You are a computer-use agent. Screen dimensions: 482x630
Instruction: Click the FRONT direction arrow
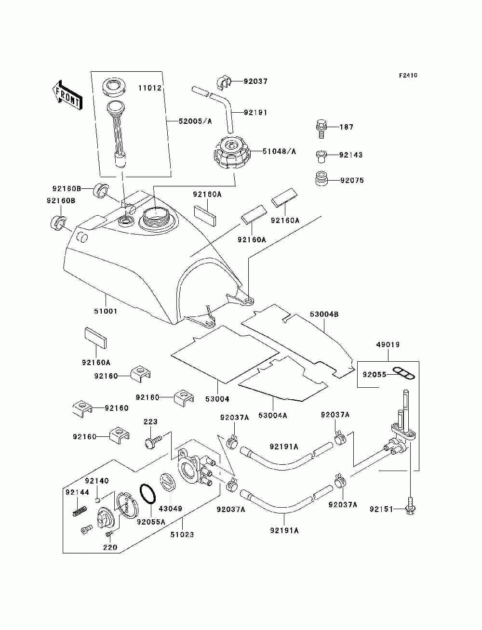pyautogui.click(x=67, y=94)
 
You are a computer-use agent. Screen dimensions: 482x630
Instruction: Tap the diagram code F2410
pyautogui.click(x=408, y=76)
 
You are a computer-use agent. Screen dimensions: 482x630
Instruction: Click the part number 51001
pyautogui.click(x=106, y=311)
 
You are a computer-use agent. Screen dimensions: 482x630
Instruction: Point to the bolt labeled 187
pyautogui.click(x=321, y=129)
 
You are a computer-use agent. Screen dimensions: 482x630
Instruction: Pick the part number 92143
pyautogui.click(x=351, y=155)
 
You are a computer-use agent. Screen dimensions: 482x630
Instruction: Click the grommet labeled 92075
pyautogui.click(x=321, y=179)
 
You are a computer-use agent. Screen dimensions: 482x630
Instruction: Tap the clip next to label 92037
pyautogui.click(x=224, y=82)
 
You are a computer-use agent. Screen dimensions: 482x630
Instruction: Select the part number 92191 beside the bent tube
pyautogui.click(x=255, y=113)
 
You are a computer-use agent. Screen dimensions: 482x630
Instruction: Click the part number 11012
pyautogui.click(x=150, y=88)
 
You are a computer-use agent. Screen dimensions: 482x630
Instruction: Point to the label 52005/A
pyautogui.click(x=195, y=121)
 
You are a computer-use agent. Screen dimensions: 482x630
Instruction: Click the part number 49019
pyautogui.click(x=388, y=344)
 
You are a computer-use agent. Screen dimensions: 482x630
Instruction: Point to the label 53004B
pyautogui.click(x=324, y=315)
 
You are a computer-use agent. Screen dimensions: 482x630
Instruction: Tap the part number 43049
pyautogui.click(x=171, y=509)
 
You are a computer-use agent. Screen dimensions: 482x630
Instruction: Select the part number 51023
pyautogui.click(x=182, y=535)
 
